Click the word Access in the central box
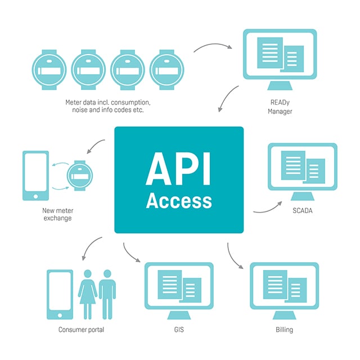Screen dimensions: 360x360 pos(179,201)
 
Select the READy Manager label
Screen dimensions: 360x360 pos(280,107)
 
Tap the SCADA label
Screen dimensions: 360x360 pos(303,211)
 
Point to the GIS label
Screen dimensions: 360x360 pos(179,330)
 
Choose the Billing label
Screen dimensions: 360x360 pos(284,330)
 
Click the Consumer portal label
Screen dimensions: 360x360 pos(82,330)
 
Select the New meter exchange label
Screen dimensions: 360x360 pos(57,214)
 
